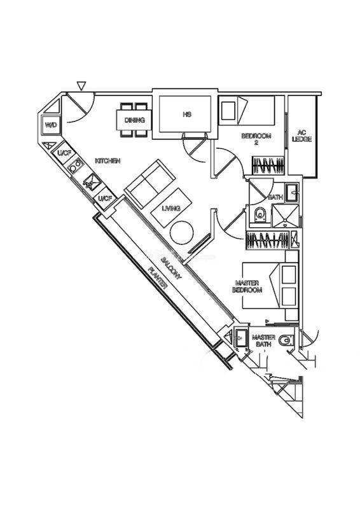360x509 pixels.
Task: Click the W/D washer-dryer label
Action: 51,125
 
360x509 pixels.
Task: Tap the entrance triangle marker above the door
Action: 81,86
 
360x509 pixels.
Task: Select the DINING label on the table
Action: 135,120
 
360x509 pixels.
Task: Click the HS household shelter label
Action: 186,115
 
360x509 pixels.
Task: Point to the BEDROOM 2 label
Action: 256,139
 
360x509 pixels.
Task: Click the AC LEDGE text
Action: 302,136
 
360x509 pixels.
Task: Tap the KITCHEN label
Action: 107,161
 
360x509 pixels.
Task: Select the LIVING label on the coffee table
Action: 171,209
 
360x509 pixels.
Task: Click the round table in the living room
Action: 182,232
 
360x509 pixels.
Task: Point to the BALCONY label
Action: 171,268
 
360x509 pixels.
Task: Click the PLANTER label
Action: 158,278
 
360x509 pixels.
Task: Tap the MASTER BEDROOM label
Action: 247,287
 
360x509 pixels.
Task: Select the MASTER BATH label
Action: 263,340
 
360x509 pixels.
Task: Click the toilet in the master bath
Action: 286,340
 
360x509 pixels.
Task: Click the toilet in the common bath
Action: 260,214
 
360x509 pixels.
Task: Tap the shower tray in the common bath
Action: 285,216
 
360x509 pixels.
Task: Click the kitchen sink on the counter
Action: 92,183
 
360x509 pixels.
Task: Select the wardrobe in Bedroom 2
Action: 268,165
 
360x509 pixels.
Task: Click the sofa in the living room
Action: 150,184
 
